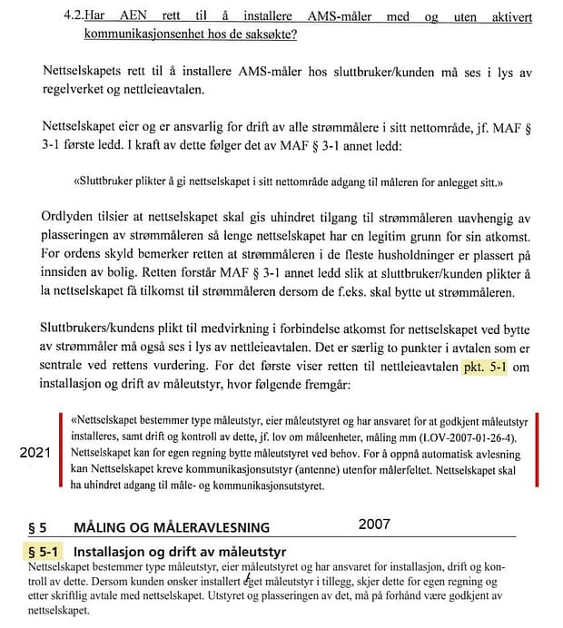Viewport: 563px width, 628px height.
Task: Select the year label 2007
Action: (375, 524)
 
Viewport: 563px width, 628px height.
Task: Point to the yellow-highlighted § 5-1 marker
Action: (43, 551)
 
